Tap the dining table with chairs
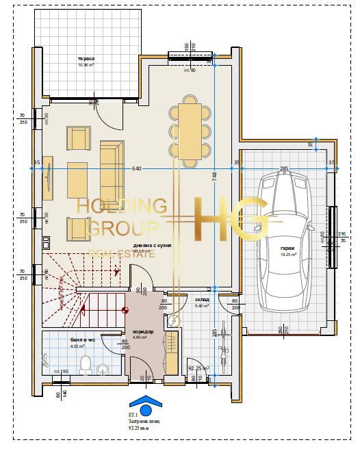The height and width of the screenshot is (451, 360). [x=190, y=130]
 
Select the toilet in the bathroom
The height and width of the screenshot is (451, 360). [x=86, y=363]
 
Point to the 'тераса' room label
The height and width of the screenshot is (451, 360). [x=86, y=60]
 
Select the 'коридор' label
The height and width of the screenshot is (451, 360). [x=143, y=332]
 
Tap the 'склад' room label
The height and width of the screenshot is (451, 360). [x=202, y=300]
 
